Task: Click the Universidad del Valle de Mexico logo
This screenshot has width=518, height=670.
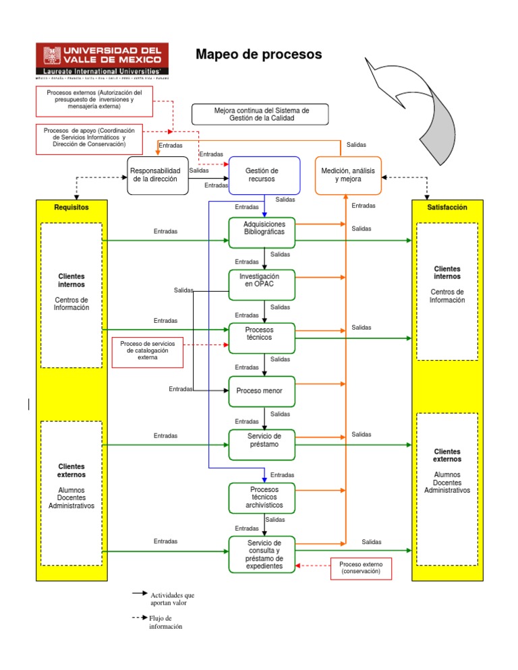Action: pyautogui.click(x=102, y=59)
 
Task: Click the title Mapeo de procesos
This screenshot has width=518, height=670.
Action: pyautogui.click(x=259, y=54)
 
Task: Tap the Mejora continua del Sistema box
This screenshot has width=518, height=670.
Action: pyautogui.click(x=261, y=114)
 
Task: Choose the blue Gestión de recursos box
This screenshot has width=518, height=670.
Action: pyautogui.click(x=264, y=175)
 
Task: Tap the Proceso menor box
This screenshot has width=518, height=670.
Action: pyautogui.click(x=262, y=391)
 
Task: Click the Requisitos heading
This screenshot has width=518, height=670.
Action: pyautogui.click(x=71, y=208)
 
